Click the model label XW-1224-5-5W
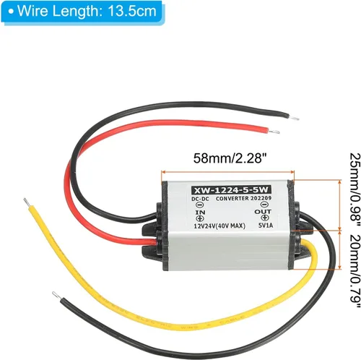[x=231, y=190]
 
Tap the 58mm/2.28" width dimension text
[x=230, y=158]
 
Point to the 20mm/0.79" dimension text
[x=355, y=271]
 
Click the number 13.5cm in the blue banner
[x=132, y=11]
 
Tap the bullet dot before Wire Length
[x=11, y=12]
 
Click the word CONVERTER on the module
[x=232, y=199]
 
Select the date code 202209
[x=261, y=198]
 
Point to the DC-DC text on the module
[x=200, y=199]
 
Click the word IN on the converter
[x=200, y=212]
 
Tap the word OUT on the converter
[x=263, y=212]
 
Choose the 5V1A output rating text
[x=266, y=226]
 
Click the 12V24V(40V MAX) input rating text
[x=219, y=226]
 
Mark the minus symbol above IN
[x=200, y=205]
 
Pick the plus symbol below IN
[x=200, y=218]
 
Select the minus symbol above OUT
[x=264, y=205]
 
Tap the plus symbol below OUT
[x=265, y=218]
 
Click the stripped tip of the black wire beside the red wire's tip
[x=294, y=118]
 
